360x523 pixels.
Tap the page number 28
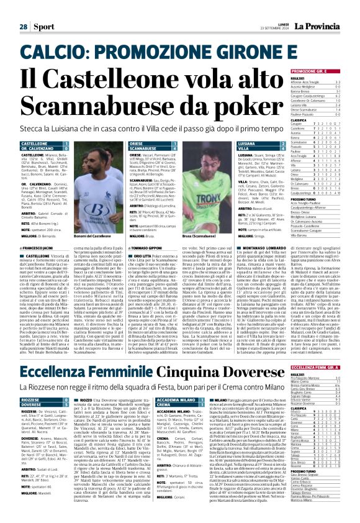(x=23, y=9)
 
